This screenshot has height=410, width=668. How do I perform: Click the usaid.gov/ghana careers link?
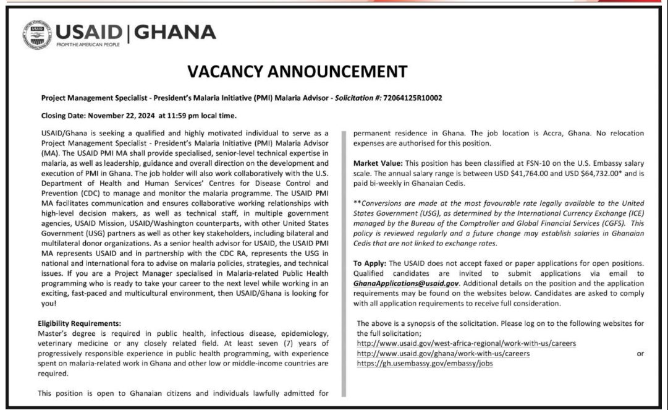[443, 353]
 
